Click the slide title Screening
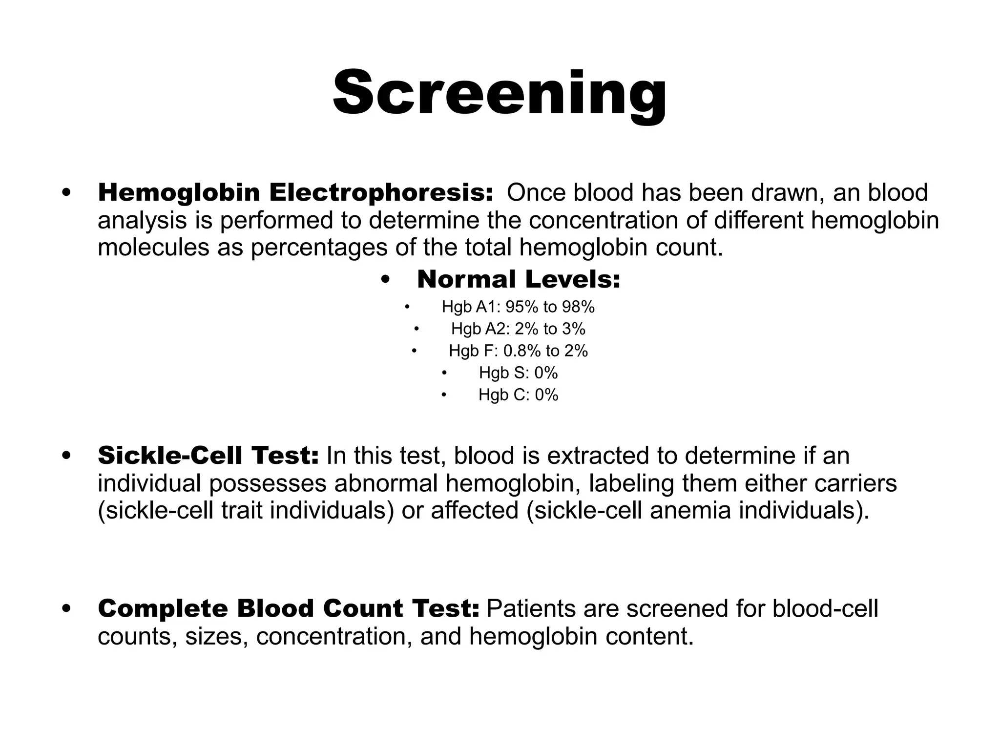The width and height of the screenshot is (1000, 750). tap(500, 93)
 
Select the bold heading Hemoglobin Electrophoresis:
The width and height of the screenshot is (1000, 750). tap(295, 192)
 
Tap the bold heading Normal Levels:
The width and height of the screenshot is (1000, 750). tap(518, 279)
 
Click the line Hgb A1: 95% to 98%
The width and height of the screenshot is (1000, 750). tap(518, 307)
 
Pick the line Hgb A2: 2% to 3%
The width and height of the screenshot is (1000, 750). tap(518, 329)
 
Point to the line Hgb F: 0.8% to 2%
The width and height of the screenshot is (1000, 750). tap(518, 351)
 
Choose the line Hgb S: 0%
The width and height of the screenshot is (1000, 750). tap(518, 373)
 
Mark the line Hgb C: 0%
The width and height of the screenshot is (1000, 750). tap(518, 395)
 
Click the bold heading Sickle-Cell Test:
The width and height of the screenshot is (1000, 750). tap(208, 456)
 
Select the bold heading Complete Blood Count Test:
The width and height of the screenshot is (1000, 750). tap(289, 609)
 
